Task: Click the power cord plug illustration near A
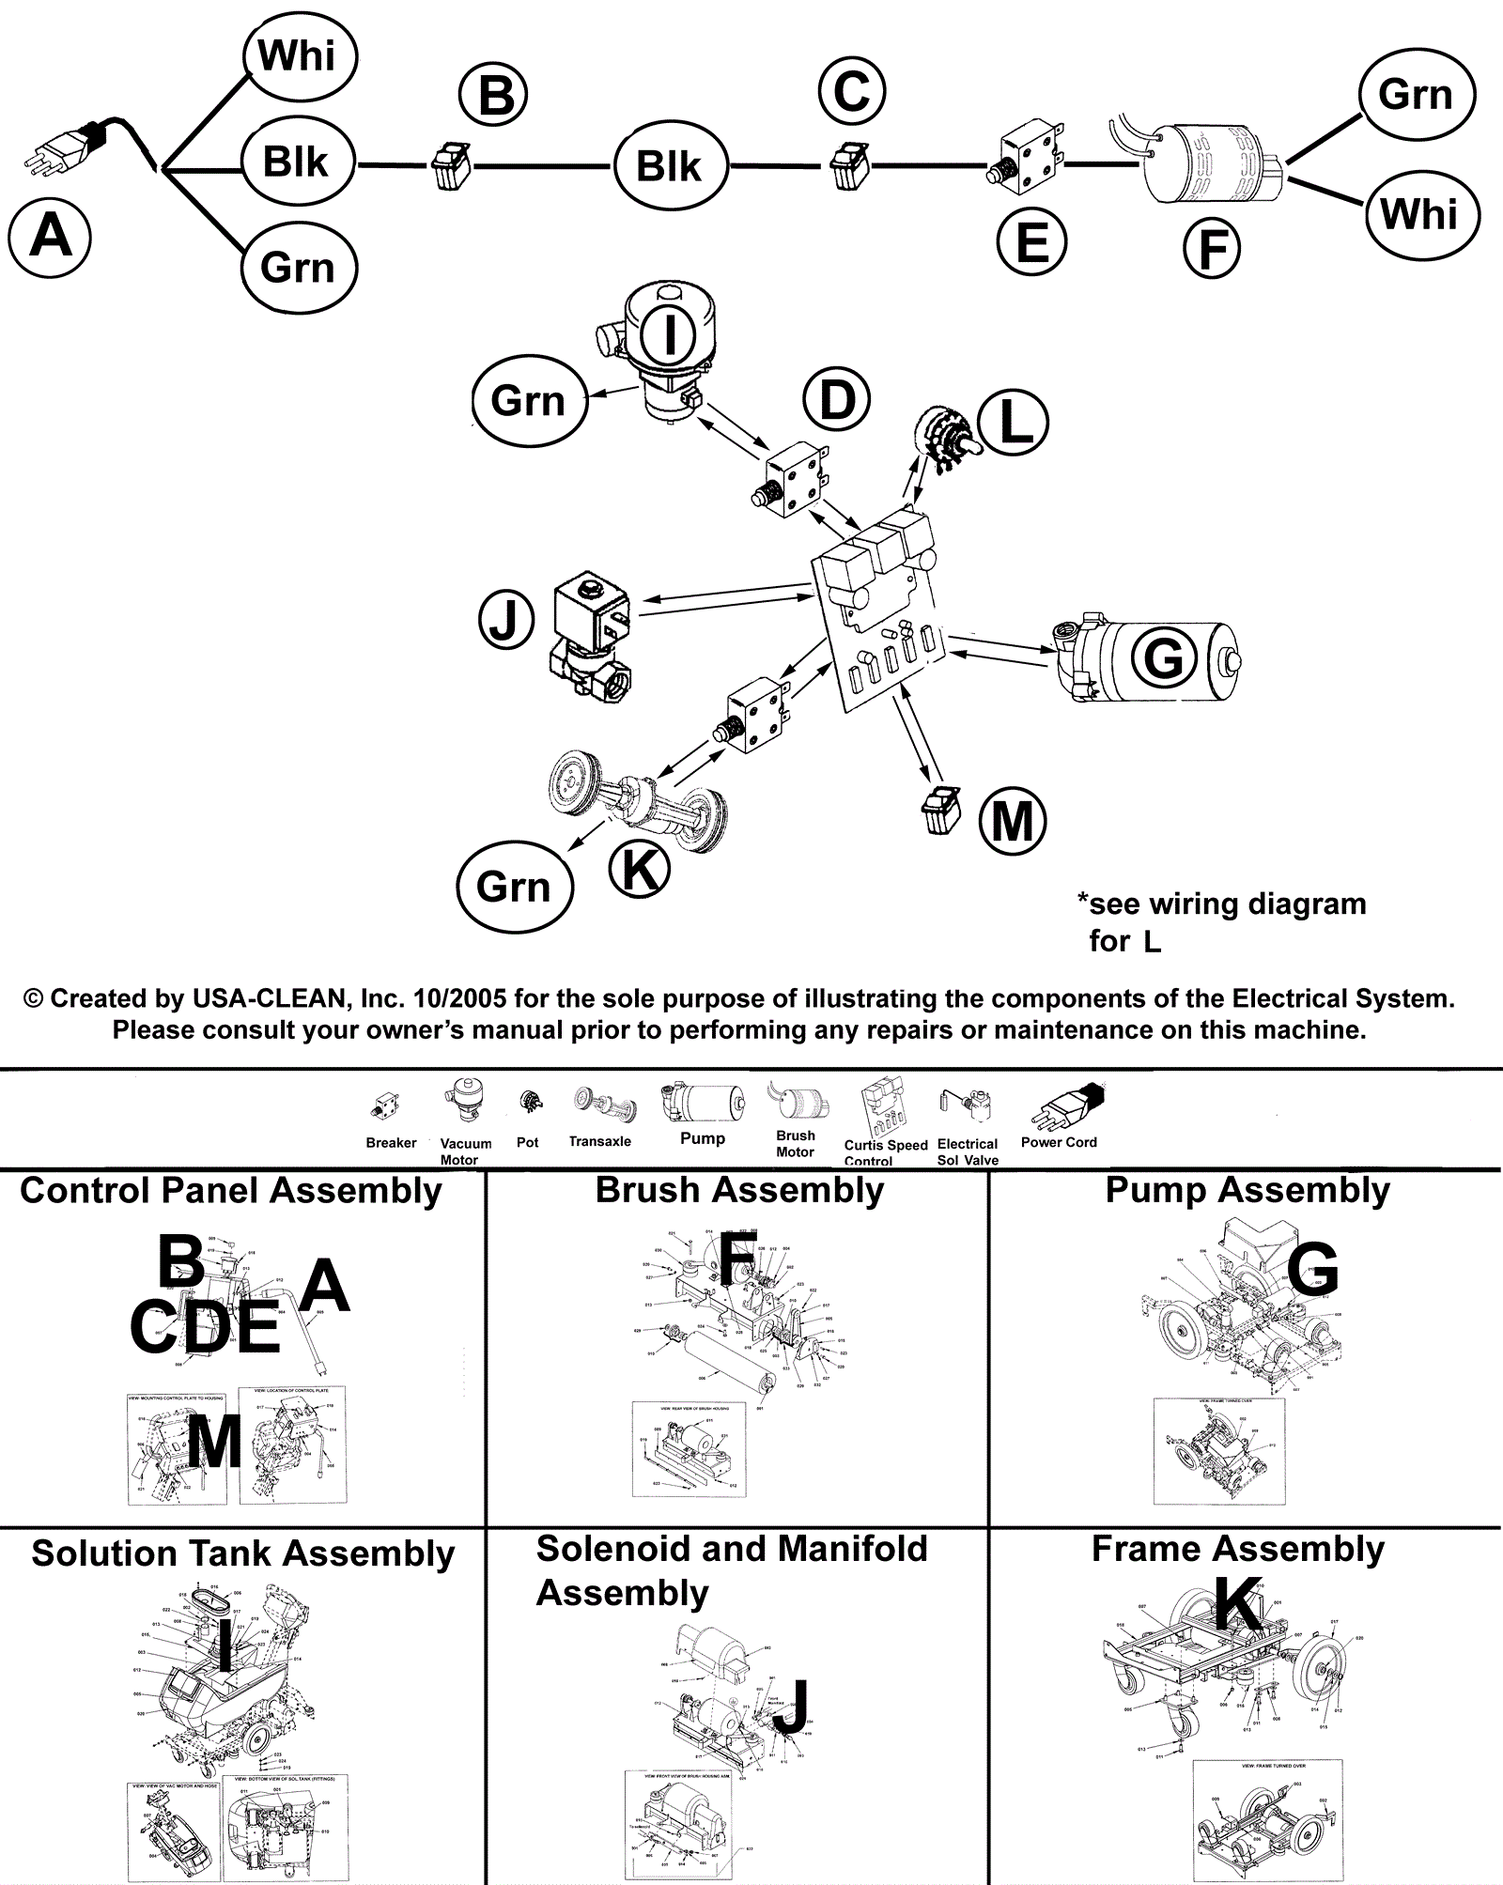coord(70,150)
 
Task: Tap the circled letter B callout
coord(493,96)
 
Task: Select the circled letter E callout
coord(1031,242)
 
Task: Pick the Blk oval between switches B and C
coord(669,166)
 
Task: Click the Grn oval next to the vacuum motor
coord(529,401)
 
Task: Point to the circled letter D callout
coord(836,399)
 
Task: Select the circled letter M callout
coord(1012,822)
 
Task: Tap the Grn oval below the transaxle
coord(514,887)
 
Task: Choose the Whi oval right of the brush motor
coord(1420,214)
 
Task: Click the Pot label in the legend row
coord(527,1142)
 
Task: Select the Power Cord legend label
coord(1059,1142)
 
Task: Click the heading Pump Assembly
coord(1247,1190)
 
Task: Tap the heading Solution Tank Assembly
coord(242,1553)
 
